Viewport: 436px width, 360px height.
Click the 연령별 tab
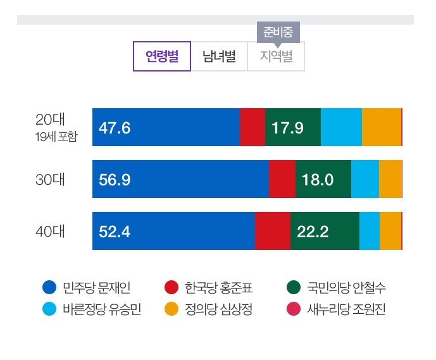click(162, 56)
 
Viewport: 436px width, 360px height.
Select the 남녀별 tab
click(219, 56)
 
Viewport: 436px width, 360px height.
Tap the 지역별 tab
click(276, 57)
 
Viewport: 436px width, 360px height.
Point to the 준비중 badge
click(278, 32)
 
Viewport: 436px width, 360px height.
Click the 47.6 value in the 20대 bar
click(115, 128)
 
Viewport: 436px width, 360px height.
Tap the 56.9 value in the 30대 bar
click(115, 180)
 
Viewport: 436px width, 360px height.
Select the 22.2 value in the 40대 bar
click(313, 232)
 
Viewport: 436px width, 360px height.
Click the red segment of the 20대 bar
click(252, 127)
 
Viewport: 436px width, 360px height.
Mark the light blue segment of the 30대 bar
click(364, 179)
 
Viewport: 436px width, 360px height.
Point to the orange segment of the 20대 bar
click(381, 127)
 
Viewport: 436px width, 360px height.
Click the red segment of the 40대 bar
click(272, 231)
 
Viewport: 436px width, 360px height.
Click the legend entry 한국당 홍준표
click(209, 288)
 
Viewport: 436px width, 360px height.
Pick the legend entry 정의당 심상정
click(209, 309)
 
